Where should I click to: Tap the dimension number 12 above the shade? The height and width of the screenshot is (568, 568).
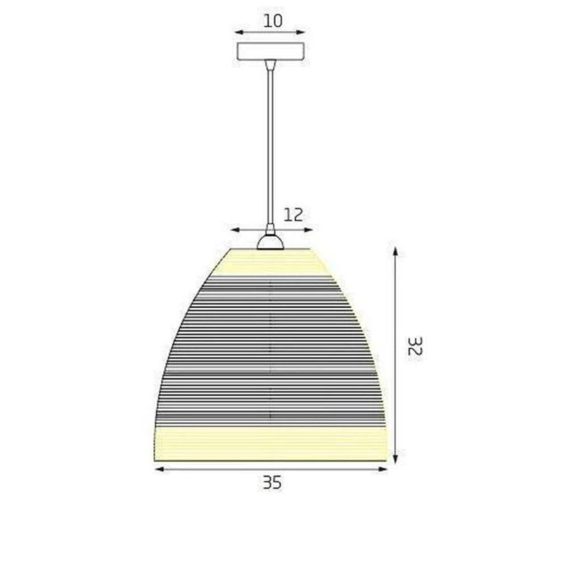click(x=293, y=215)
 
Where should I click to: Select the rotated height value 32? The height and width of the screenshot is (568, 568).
click(x=415, y=346)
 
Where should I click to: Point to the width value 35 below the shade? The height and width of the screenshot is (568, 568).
click(x=272, y=483)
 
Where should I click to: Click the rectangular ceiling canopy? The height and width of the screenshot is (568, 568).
click(x=270, y=51)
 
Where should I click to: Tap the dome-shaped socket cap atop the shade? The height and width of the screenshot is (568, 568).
click(x=270, y=243)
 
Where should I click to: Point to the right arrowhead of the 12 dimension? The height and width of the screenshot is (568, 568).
click(x=310, y=229)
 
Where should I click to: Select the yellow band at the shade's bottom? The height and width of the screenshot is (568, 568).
click(x=270, y=443)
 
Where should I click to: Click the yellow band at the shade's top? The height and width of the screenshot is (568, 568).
click(x=270, y=262)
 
